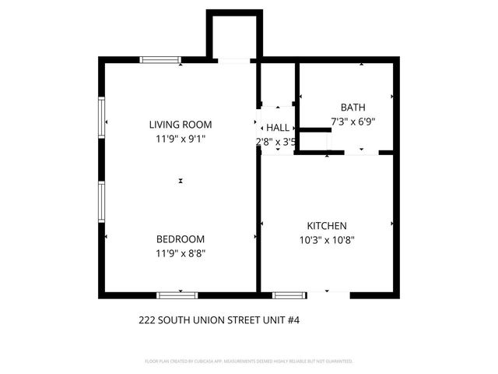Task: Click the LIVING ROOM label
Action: pos(181,125)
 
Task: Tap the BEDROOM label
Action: pos(181,239)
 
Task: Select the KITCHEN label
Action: pos(326,226)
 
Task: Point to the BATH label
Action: pos(352,108)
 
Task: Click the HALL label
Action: pos(277,128)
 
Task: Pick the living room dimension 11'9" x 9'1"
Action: pos(181,139)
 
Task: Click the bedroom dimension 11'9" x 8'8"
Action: pos(181,252)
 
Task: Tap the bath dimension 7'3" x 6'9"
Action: pos(352,122)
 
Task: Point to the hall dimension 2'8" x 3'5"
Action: pos(276,142)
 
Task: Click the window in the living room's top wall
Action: pos(160,59)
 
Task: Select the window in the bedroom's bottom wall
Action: pos(177,295)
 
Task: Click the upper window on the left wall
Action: pos(101,117)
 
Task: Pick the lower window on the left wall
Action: pos(101,201)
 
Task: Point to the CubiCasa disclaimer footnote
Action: pos(249,362)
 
